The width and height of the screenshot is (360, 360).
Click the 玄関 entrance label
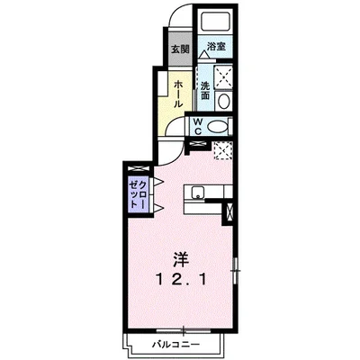point(181,49)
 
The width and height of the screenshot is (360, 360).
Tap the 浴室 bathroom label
point(214,46)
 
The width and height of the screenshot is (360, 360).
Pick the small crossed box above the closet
point(138,168)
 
